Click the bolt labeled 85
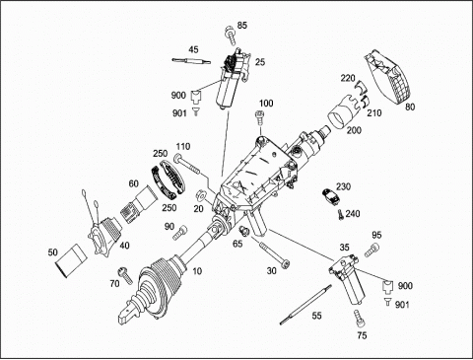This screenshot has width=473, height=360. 231,36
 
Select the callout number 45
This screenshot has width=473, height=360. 193,49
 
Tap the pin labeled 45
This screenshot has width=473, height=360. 191,61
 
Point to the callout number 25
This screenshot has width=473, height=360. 260,62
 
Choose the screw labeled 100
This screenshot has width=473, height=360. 259,117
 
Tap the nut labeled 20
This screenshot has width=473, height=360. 201,195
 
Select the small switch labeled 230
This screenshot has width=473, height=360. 331,195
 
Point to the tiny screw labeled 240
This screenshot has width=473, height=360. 340,215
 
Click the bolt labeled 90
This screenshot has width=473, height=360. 180,232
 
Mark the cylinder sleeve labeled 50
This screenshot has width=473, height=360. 71,260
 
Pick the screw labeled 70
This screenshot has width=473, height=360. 125,275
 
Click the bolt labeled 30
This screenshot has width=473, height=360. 275,254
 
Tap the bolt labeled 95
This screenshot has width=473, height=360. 372,251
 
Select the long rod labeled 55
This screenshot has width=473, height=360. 305,305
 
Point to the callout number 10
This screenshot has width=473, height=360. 197,271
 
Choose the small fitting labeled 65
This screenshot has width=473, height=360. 244,231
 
